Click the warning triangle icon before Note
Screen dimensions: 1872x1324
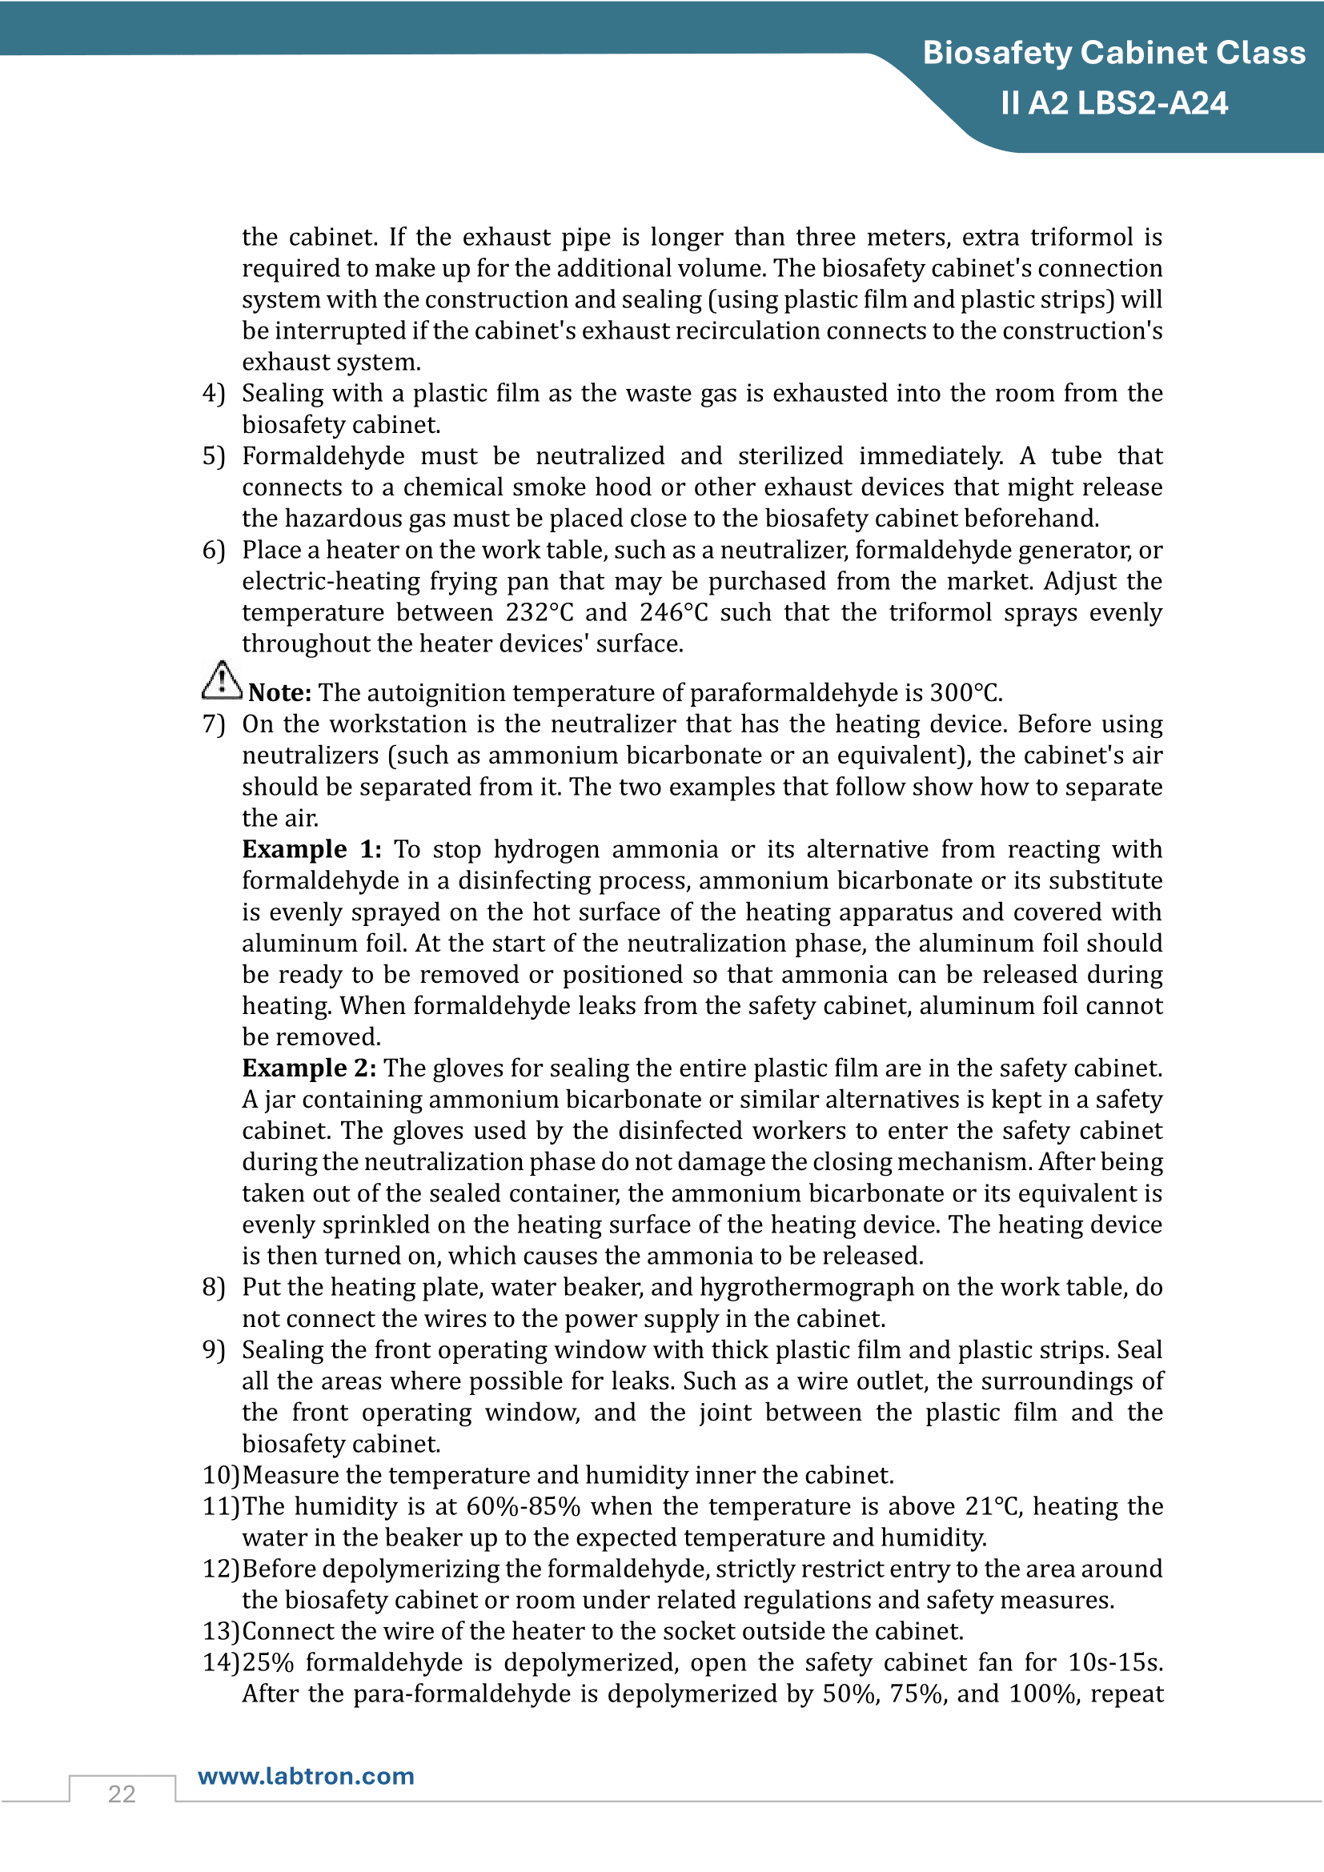(222, 680)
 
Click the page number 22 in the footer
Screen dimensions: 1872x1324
(122, 1794)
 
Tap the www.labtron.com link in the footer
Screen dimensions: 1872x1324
(306, 1776)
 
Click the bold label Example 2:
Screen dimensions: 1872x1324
(309, 1068)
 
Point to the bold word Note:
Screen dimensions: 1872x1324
(279, 693)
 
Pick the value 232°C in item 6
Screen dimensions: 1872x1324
(539, 612)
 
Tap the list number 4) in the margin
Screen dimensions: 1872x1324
(214, 393)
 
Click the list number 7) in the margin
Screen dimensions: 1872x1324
(214, 724)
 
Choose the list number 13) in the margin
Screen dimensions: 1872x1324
(221, 1631)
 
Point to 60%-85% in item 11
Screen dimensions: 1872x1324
(523, 1506)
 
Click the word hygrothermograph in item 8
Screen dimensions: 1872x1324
(806, 1288)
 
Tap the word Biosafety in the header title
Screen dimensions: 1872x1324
(997, 53)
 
